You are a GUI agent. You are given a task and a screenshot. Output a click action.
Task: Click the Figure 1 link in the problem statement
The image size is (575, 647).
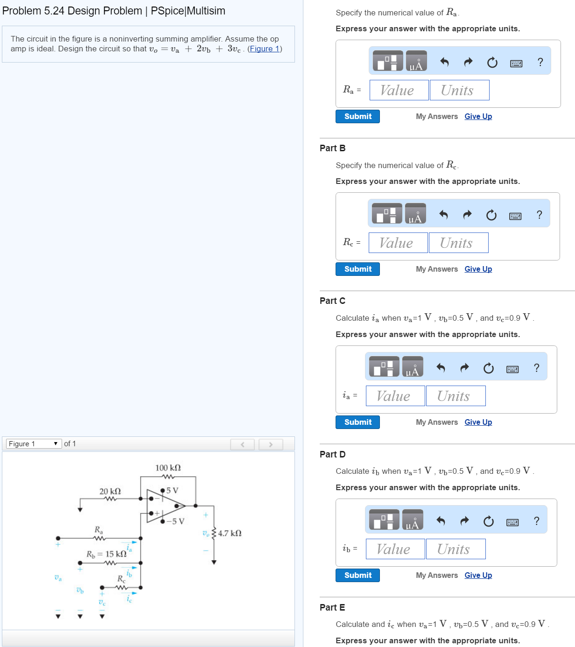click(x=264, y=49)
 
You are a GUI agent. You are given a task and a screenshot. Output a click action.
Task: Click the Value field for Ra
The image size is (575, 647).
click(x=399, y=90)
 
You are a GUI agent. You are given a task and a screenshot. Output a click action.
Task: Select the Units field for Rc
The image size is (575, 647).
click(x=458, y=243)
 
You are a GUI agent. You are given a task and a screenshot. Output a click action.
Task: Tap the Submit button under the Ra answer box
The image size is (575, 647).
click(x=358, y=117)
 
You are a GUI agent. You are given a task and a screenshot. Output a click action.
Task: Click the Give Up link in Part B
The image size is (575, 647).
click(x=478, y=269)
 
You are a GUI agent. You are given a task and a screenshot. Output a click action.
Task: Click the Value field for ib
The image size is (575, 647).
click(x=395, y=549)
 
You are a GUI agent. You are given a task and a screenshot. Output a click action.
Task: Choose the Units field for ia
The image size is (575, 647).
click(x=455, y=396)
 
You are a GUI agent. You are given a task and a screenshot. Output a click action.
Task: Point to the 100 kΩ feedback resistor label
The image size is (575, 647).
click(x=168, y=468)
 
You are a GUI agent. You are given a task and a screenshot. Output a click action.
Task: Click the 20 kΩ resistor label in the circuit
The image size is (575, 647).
click(x=110, y=491)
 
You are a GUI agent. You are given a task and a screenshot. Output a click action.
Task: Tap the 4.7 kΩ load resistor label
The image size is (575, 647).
click(x=230, y=533)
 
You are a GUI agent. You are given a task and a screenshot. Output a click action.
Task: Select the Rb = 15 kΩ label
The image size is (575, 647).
click(x=106, y=554)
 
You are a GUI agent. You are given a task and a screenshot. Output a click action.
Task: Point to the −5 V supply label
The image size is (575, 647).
click(x=175, y=521)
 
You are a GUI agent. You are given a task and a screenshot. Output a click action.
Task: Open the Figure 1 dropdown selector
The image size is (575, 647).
click(x=34, y=444)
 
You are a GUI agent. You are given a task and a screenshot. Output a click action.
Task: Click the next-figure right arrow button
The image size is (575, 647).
click(x=271, y=444)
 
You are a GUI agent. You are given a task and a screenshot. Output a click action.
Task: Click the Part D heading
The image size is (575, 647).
click(x=332, y=454)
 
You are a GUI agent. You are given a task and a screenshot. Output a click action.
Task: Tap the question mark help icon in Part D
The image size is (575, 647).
click(x=536, y=521)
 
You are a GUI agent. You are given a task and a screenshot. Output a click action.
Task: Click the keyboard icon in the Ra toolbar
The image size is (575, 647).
click(x=516, y=63)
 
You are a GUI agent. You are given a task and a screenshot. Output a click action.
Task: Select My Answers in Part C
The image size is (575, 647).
click(x=436, y=422)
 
